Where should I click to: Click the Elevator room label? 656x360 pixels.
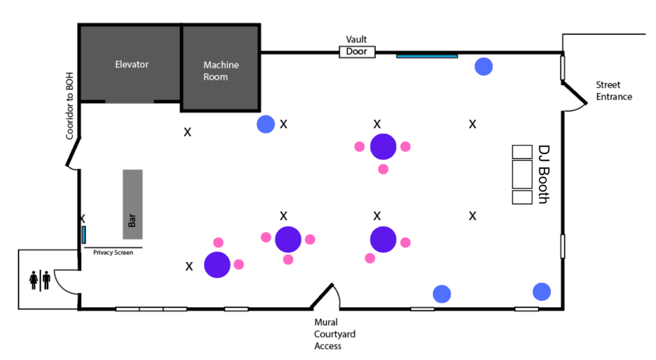pyautogui.click(x=131, y=64)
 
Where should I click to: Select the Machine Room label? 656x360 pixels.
pyautogui.click(x=221, y=71)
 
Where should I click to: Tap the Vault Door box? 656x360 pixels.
pyautogui.click(x=357, y=51)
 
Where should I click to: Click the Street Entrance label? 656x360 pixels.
pyautogui.click(x=614, y=90)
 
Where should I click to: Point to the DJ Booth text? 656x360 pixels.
pyautogui.click(x=543, y=174)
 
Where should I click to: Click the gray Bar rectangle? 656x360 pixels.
pyautogui.click(x=133, y=203)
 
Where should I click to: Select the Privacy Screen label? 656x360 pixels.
pyautogui.click(x=113, y=252)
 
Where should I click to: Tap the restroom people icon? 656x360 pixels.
pyautogui.click(x=40, y=280)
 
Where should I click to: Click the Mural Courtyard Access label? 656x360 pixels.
pyautogui.click(x=334, y=334)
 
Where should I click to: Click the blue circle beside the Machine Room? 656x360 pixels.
pyautogui.click(x=265, y=124)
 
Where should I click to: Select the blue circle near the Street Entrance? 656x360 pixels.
pyautogui.click(x=483, y=66)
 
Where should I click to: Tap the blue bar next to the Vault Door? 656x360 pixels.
pyautogui.click(x=426, y=56)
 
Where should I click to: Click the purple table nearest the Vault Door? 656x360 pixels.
pyautogui.click(x=383, y=146)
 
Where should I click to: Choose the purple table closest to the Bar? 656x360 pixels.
pyautogui.click(x=217, y=264)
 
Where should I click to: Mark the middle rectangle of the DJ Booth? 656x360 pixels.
pyautogui.click(x=523, y=174)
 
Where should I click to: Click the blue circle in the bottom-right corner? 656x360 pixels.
pyautogui.click(x=542, y=291)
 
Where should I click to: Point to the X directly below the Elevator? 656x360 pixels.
pyautogui.click(x=188, y=132)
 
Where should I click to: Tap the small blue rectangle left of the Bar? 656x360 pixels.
pyautogui.click(x=84, y=234)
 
